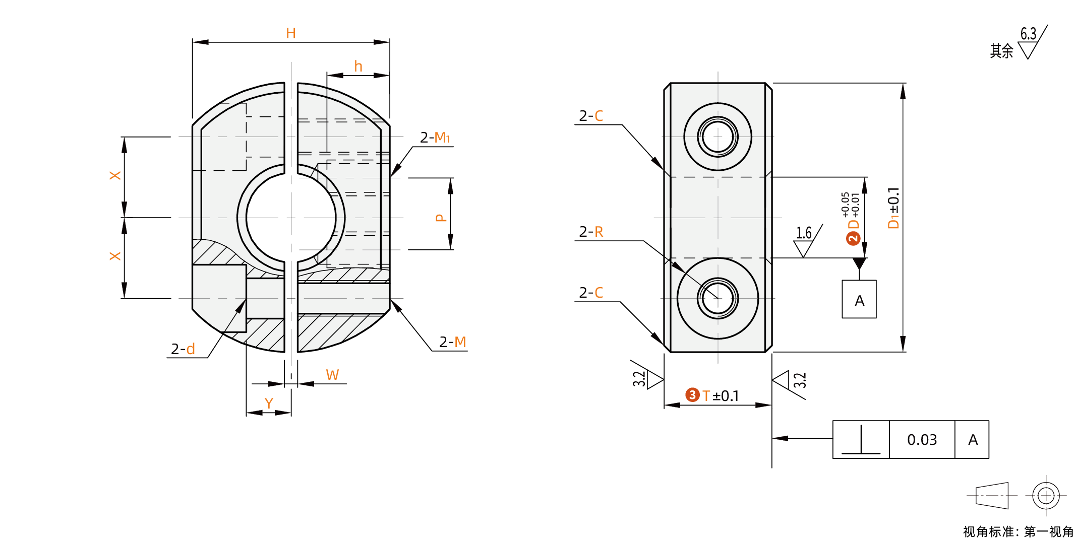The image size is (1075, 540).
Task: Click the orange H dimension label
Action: (291, 34)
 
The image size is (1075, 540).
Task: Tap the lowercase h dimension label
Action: (358, 66)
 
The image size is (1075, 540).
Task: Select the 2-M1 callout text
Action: (435, 138)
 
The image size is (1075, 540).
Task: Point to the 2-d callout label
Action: (183, 349)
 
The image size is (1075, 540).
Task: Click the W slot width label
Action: (332, 375)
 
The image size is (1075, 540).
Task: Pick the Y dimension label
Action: (269, 403)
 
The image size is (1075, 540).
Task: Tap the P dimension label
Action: (441, 218)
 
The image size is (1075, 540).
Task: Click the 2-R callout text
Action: (591, 232)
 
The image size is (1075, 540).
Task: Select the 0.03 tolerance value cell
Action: (922, 440)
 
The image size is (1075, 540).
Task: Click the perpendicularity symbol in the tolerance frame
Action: (861, 440)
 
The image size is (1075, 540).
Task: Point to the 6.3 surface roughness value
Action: (1028, 34)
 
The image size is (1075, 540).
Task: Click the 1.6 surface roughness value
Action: (804, 233)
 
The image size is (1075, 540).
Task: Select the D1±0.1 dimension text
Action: (893, 208)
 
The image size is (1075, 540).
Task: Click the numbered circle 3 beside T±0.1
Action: (692, 395)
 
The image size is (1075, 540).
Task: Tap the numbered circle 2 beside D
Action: (853, 238)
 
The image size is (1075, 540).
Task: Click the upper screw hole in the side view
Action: (718, 137)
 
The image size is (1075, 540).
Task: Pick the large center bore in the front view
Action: (291, 218)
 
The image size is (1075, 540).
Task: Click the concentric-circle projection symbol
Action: (1046, 496)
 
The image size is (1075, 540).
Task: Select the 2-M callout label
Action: (452, 342)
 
